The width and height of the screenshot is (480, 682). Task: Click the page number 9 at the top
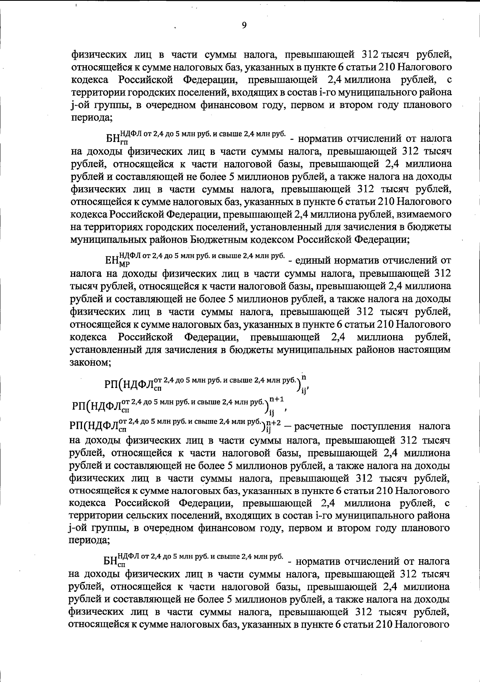(244, 25)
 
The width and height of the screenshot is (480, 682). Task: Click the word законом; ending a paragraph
(90, 363)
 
